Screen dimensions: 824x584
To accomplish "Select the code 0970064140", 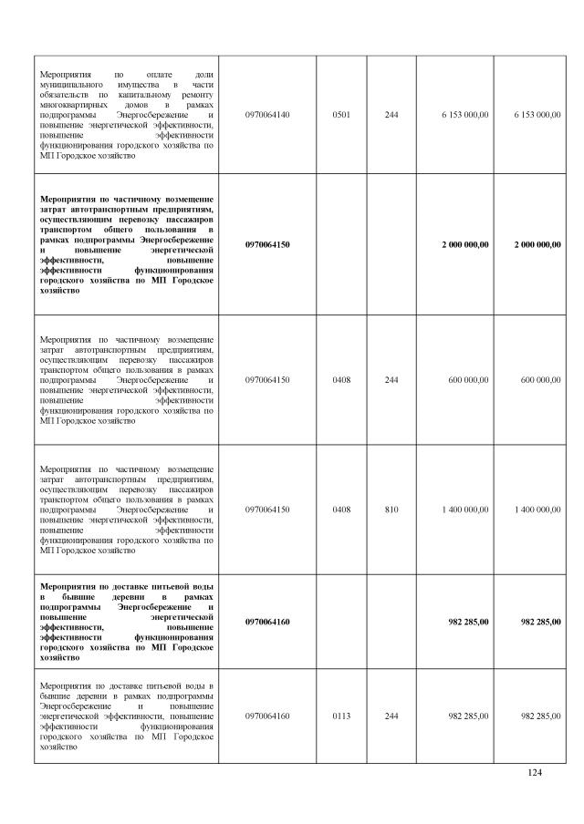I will click(x=267, y=115).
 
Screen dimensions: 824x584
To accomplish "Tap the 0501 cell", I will click(x=342, y=115).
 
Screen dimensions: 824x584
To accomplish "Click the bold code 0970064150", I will click(x=267, y=244).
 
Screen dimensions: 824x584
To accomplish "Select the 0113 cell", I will click(x=342, y=716).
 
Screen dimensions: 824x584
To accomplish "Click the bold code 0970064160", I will click(x=267, y=622).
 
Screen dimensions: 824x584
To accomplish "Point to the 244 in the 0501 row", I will click(x=391, y=115).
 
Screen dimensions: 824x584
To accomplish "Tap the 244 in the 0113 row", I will click(x=391, y=716).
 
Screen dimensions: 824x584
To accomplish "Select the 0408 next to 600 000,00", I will click(x=342, y=379).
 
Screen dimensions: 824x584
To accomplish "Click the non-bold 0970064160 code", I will click(x=267, y=716).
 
